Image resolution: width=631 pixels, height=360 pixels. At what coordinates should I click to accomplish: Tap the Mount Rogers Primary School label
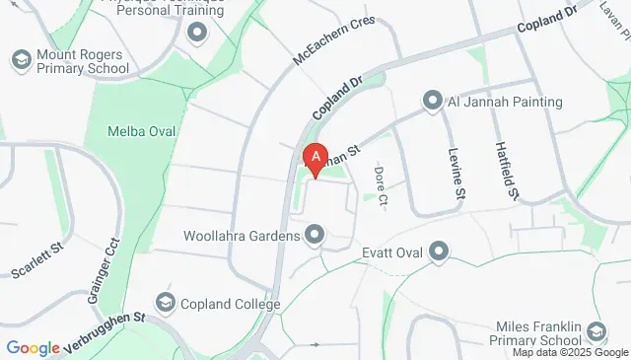(83, 61)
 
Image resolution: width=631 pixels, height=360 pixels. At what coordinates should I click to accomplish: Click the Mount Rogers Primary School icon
(20, 61)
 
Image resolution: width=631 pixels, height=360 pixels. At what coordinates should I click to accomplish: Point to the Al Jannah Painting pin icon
(431, 102)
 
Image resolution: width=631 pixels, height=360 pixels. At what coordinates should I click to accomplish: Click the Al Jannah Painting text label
(506, 102)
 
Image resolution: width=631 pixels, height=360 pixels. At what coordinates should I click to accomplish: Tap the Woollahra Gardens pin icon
(315, 235)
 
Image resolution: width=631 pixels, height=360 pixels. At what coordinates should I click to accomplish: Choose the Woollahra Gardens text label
(242, 236)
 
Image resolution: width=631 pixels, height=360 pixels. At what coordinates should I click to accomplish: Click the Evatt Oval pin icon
(440, 252)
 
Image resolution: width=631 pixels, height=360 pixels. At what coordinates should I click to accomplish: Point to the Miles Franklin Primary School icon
(595, 332)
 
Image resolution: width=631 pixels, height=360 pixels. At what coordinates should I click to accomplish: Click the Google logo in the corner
(34, 347)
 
